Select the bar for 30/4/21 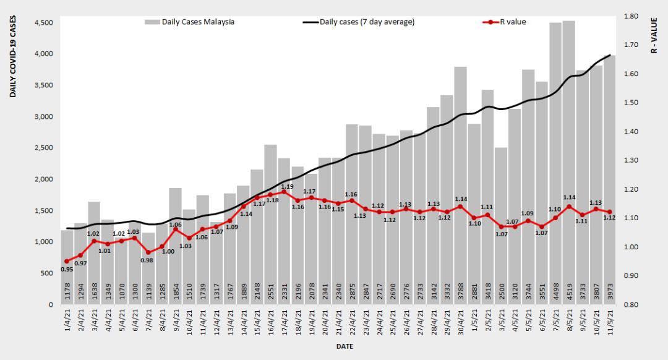click(x=460, y=186)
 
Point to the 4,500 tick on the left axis click(x=43, y=23)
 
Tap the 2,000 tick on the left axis click(x=43, y=179)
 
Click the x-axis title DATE click(x=345, y=346)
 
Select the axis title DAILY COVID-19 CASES click(x=13, y=56)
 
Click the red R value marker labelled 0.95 click(x=67, y=261)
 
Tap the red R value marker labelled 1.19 click(x=283, y=192)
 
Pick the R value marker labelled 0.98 click(x=148, y=252)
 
